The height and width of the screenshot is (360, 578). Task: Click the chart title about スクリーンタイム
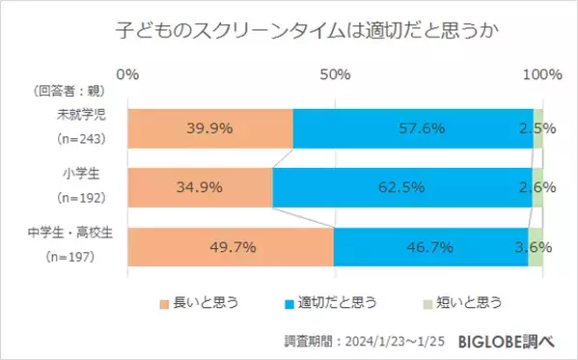pyautogui.click(x=289, y=33)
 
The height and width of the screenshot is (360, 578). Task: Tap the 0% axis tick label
pyautogui.click(x=127, y=74)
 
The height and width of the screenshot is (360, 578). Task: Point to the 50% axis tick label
pyautogui.click(x=334, y=74)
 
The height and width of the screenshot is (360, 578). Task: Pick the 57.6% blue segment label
pyautogui.click(x=412, y=128)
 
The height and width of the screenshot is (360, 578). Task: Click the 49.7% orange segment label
pyautogui.click(x=232, y=247)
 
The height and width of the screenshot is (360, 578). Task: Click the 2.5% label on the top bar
pyautogui.click(x=536, y=128)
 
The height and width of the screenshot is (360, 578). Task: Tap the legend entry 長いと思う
pyautogui.click(x=204, y=303)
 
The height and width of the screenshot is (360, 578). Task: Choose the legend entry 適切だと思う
pyautogui.click(x=342, y=303)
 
